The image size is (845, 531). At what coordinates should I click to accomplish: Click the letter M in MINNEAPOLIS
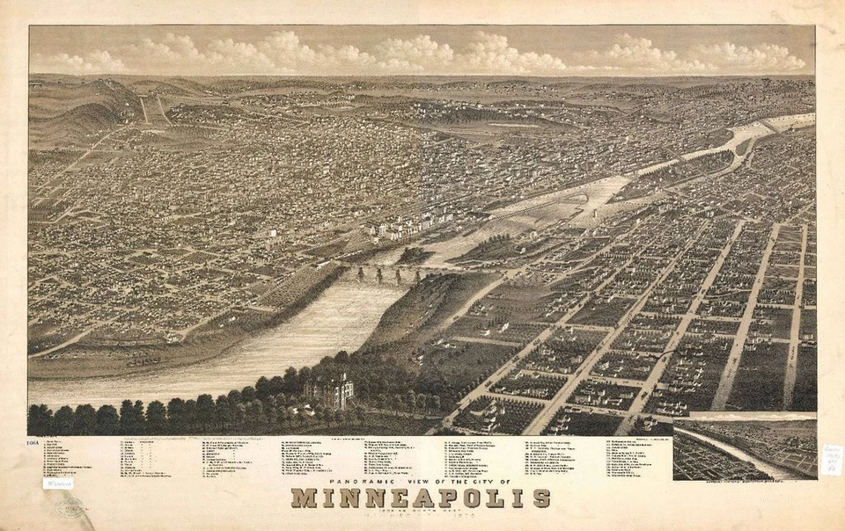pos(303,498)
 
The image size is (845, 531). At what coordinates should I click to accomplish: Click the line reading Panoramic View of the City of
pos(419,483)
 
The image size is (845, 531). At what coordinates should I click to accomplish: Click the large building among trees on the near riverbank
pos(329,389)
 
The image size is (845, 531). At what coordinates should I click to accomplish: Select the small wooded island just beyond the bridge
pos(414,256)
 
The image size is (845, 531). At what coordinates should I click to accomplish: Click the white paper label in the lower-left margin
pos(58,483)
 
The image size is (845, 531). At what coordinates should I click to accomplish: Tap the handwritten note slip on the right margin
pos(830,460)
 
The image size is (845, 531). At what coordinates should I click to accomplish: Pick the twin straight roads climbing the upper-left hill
pos(151,109)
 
